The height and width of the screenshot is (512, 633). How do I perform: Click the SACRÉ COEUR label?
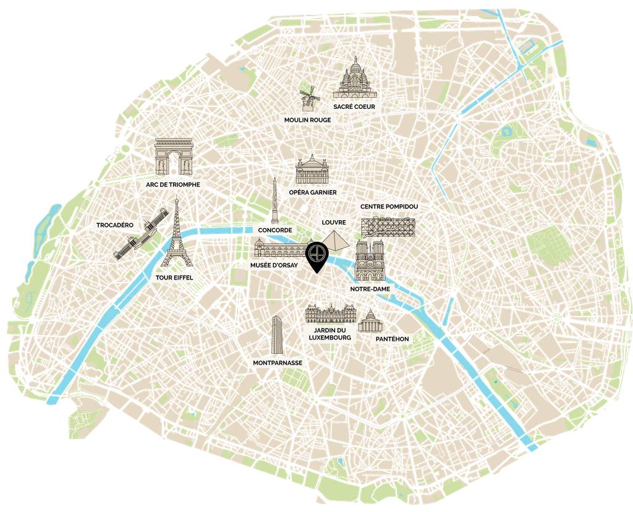pyautogui.click(x=354, y=107)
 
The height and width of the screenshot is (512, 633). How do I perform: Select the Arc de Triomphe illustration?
pyautogui.click(x=173, y=157)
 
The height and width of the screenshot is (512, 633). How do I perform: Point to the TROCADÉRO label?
pyautogui.click(x=115, y=225)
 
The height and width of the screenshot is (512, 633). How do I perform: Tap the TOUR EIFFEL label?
pyautogui.click(x=175, y=278)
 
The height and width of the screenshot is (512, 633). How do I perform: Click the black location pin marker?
pyautogui.click(x=316, y=255)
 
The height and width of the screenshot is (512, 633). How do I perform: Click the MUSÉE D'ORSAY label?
pyautogui.click(x=274, y=265)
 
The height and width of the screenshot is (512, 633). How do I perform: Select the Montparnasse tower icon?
pyautogui.click(x=276, y=335)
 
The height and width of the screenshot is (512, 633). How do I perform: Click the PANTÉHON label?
pyautogui.click(x=393, y=339)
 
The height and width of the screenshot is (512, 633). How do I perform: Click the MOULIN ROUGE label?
pyautogui.click(x=308, y=120)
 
